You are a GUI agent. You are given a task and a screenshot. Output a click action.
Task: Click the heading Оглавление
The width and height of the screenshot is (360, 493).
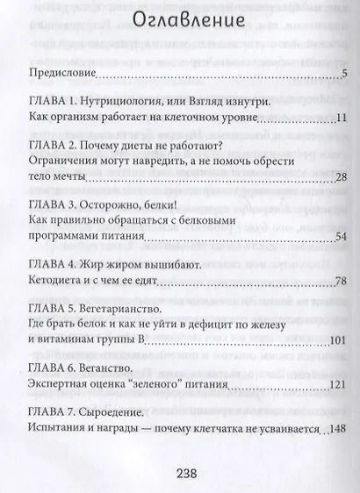[179, 22]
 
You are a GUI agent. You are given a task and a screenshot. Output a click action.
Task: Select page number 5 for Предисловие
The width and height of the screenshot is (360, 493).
[345, 72]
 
